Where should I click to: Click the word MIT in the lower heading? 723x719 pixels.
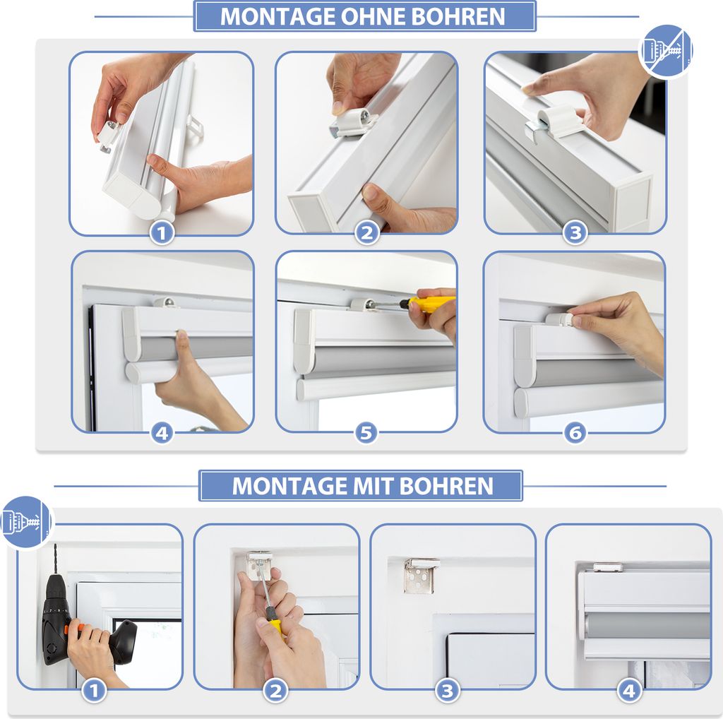coord(373,486)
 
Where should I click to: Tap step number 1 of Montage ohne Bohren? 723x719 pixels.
coord(162,233)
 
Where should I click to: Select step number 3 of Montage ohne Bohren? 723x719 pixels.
coord(575,232)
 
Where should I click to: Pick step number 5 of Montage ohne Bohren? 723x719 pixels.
coord(366,433)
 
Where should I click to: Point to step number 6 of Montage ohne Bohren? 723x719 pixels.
coord(575,433)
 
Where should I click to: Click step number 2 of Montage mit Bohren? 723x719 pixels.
coord(275,691)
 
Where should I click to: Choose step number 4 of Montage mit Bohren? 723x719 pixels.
coord(629,691)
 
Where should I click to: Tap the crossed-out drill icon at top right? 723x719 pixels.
coord(665,50)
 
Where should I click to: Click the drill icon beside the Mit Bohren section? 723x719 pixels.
coord(26,523)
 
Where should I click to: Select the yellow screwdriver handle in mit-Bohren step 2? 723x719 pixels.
coord(275,626)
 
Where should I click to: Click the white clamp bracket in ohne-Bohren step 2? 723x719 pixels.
coord(354,123)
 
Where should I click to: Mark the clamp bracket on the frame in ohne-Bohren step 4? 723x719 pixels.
coord(165,302)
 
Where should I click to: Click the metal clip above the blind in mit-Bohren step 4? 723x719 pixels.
coord(608,567)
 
